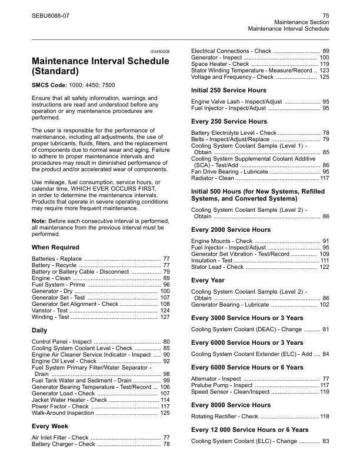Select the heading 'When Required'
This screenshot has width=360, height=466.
pos(55,248)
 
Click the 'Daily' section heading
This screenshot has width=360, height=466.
pos(39,331)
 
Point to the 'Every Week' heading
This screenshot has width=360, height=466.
pos(50,426)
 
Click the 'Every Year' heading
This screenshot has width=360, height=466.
pos(208,281)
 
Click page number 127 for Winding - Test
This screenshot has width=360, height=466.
pos(165,317)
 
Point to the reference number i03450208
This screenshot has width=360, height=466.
pos(157,52)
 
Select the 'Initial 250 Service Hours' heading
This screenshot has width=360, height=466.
pos(229,91)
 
